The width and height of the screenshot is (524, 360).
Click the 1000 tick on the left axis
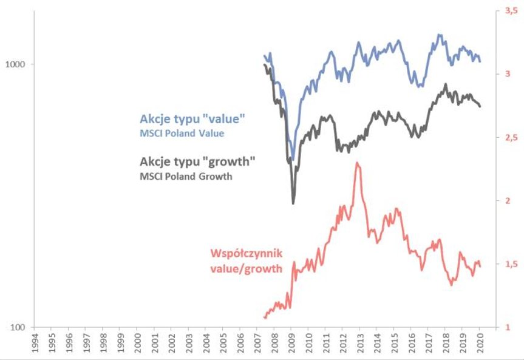(15, 64)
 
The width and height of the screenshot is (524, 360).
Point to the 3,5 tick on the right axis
(504, 11)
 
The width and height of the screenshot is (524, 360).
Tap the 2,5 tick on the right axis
(504, 138)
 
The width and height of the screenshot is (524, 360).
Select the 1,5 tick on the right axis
(504, 264)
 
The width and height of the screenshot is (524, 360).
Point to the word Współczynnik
(247, 253)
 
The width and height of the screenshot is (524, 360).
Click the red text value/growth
(246, 268)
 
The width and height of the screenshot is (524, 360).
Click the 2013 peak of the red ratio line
(358, 163)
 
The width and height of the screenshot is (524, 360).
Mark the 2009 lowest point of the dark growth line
(293, 203)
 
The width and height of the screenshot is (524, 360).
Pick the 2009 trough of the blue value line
(293, 159)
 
